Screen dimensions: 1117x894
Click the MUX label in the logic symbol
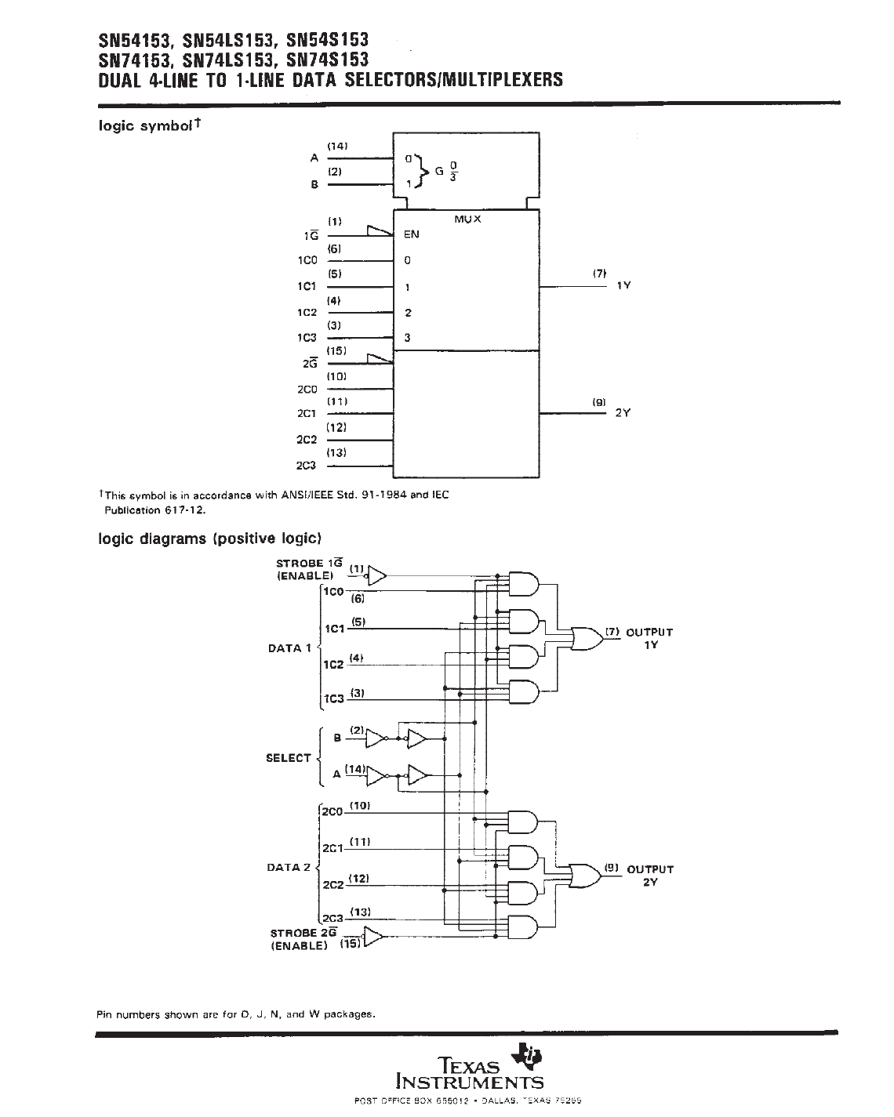coord(467,219)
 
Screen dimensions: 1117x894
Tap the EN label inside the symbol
coord(412,234)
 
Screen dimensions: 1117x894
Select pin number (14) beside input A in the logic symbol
coord(337,147)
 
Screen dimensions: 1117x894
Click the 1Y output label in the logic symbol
coord(623,286)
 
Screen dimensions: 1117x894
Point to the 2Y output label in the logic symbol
coord(623,413)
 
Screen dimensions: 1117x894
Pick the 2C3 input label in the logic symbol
coord(307,466)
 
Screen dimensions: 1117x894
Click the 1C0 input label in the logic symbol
coord(307,260)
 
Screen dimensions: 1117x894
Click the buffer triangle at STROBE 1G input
coord(377,575)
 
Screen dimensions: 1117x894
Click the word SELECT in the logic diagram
coord(289,758)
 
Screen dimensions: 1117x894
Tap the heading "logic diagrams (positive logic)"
coord(209,539)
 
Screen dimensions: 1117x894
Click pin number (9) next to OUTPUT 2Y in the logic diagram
coord(612,868)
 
